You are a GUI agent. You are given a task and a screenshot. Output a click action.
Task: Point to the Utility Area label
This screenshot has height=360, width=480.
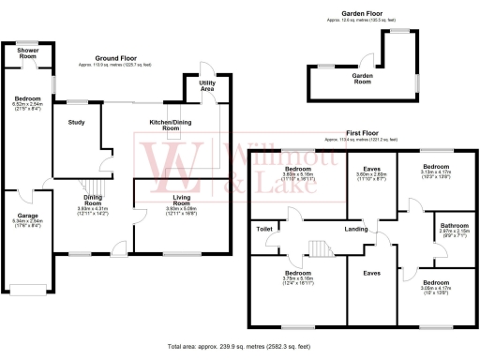(x=207, y=84)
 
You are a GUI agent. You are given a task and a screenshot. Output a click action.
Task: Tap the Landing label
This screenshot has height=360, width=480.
(x=354, y=228)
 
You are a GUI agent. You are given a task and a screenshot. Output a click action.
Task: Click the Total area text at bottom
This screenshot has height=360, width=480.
(x=239, y=346)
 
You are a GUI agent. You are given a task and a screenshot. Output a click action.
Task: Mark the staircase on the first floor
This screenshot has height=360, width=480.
(x=319, y=246)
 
